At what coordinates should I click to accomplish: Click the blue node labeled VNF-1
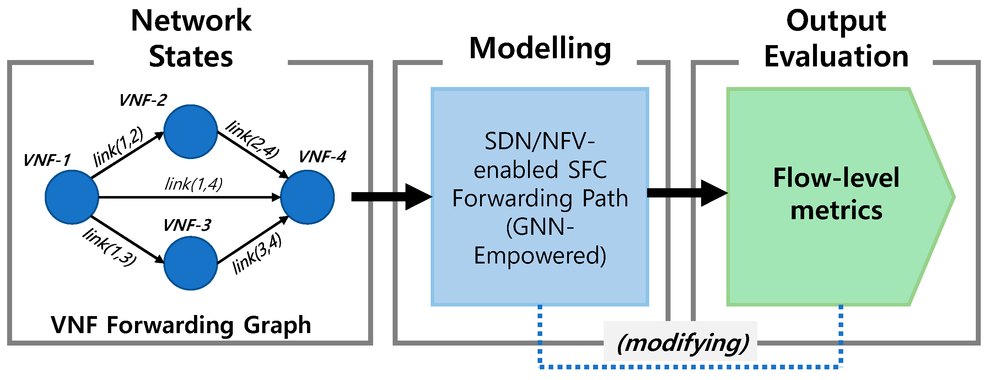(72, 197)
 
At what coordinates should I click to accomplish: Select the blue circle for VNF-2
(190, 131)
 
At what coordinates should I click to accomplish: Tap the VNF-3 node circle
(190, 263)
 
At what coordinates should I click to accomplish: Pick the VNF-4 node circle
(307, 197)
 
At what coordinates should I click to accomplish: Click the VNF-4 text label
(322, 157)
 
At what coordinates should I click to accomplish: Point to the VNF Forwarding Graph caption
(181, 325)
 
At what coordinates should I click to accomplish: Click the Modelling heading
(540, 49)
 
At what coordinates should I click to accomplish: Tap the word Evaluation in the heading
(836, 56)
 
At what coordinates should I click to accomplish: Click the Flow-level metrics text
(836, 194)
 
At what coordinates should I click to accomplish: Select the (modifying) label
(683, 343)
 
